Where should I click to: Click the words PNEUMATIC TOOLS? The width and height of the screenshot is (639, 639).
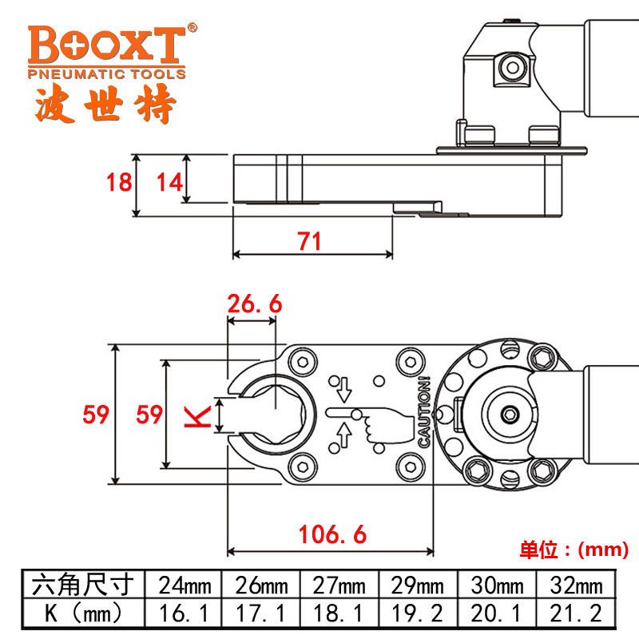(x=107, y=73)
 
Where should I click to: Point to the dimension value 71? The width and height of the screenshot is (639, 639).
(x=309, y=241)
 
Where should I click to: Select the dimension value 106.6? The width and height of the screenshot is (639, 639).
(x=332, y=534)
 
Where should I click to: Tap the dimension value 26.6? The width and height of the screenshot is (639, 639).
(x=255, y=304)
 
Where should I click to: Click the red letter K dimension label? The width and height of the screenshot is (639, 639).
(x=197, y=416)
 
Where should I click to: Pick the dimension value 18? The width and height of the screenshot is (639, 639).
(x=119, y=182)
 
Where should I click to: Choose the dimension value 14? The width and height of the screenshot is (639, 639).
(x=169, y=182)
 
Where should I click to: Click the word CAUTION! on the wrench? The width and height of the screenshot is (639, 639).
(x=425, y=411)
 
